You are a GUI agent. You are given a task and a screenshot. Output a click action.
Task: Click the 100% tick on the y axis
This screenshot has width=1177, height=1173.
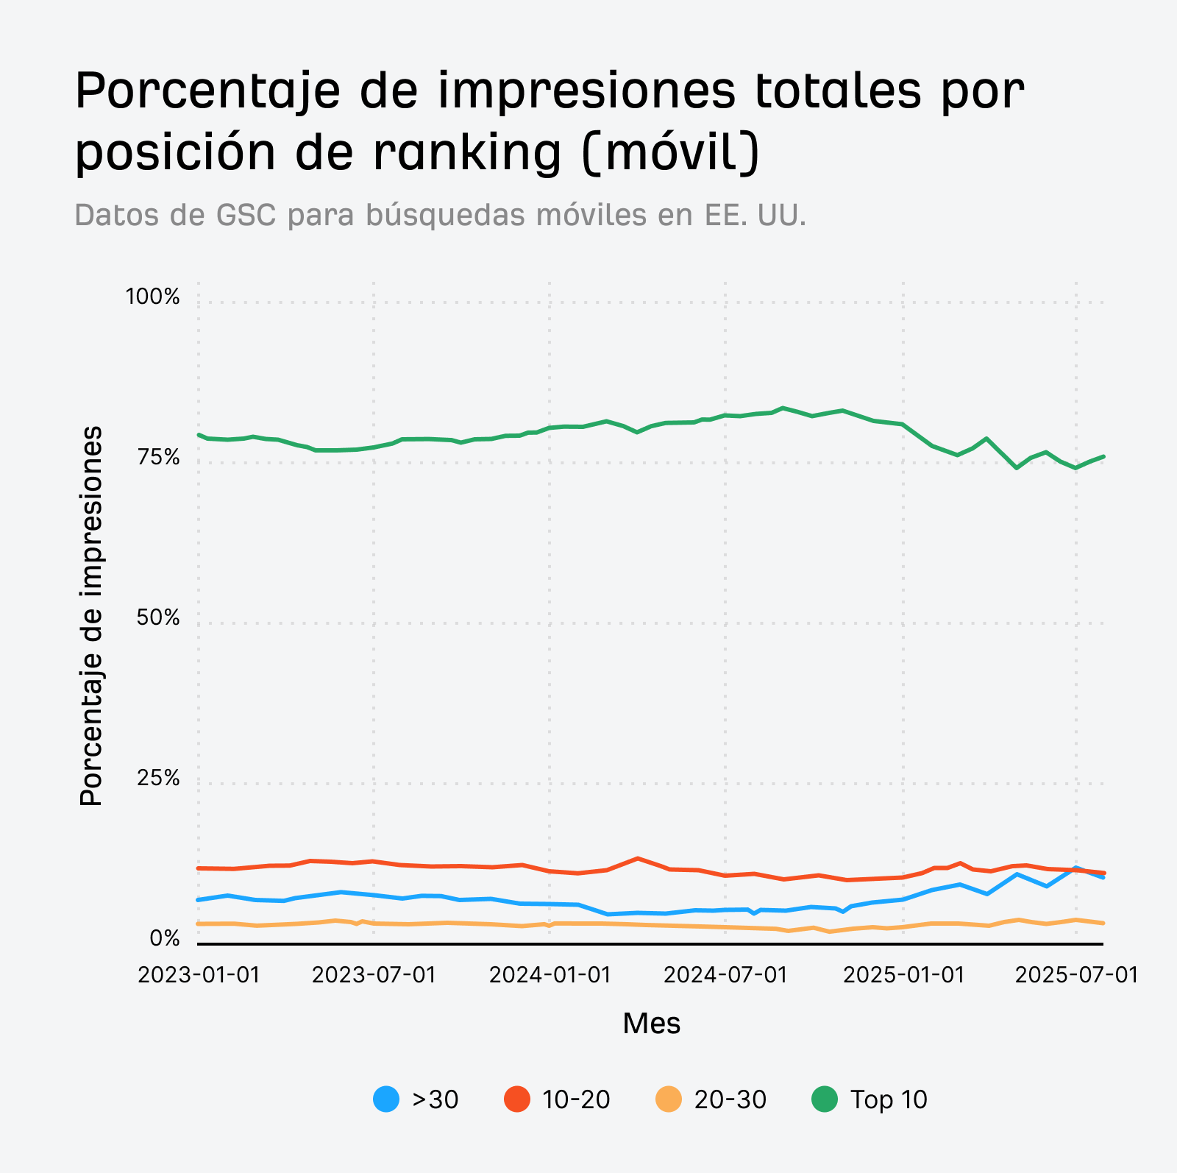(x=152, y=297)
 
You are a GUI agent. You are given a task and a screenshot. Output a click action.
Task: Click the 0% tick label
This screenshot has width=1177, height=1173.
(x=165, y=939)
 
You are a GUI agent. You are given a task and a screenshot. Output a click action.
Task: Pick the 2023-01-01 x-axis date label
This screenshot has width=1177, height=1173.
(x=199, y=975)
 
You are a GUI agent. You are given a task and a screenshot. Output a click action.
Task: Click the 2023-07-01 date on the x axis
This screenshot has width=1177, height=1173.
(x=374, y=975)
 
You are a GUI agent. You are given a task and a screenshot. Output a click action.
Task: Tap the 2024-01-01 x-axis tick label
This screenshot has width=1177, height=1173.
(x=550, y=975)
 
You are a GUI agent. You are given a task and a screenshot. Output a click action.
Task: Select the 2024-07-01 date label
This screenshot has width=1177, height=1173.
(x=725, y=975)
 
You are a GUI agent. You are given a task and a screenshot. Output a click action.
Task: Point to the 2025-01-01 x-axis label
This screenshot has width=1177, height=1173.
(x=903, y=975)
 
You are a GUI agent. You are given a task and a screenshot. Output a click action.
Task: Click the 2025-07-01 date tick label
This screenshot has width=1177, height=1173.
(x=1076, y=975)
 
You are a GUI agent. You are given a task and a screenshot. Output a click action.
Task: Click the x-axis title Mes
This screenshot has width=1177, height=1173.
(x=651, y=1024)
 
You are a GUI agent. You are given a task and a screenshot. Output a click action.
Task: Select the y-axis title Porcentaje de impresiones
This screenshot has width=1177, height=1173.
(x=91, y=616)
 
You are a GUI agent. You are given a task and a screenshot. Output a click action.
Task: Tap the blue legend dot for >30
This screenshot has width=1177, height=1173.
(x=386, y=1099)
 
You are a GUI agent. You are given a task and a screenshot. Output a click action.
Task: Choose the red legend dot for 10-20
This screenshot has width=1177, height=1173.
(x=516, y=1099)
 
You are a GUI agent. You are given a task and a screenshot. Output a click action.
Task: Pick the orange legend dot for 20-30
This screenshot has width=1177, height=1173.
(x=668, y=1099)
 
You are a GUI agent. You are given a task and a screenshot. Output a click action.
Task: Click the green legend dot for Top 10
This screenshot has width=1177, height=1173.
(x=824, y=1099)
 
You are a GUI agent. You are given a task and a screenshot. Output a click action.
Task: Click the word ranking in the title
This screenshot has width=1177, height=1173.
(x=467, y=152)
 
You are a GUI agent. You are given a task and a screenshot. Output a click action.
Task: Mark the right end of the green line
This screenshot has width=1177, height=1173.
(x=1103, y=456)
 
